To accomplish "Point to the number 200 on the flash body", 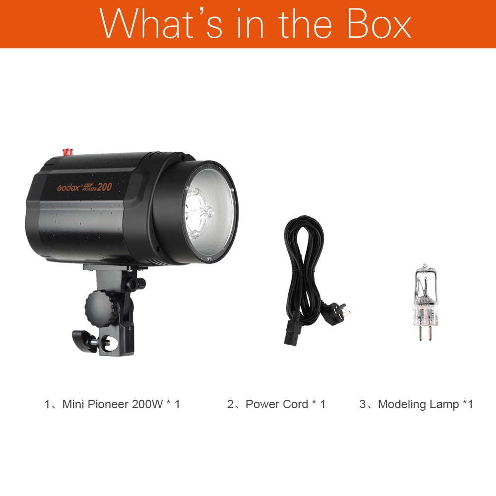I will click(x=104, y=186).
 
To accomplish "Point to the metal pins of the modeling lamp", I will click(x=423, y=332).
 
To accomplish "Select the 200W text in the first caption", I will click(x=147, y=404).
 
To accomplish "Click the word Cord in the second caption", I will click(x=295, y=404).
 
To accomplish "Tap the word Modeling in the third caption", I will click(x=401, y=404).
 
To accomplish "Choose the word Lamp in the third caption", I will click(x=445, y=404).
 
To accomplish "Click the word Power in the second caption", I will click(x=262, y=404).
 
